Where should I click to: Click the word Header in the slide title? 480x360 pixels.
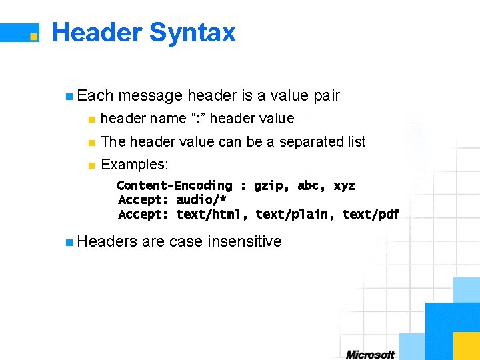pos(96,32)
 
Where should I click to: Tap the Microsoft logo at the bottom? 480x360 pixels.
pos(370,354)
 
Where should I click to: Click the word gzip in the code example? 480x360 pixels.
pos(269,185)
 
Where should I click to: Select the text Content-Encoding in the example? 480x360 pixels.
pos(175,185)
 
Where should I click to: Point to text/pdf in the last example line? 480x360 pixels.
pos(371,214)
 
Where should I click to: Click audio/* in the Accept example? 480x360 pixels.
pos(201,200)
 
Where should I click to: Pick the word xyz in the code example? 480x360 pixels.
pos(344,185)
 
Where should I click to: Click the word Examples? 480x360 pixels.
pos(135,164)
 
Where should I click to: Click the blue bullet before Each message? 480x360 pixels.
pos(69,97)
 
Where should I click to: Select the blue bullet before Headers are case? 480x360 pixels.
pos(69,242)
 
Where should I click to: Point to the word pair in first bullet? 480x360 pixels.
pos(326,95)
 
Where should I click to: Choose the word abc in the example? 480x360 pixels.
pos(309,185)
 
